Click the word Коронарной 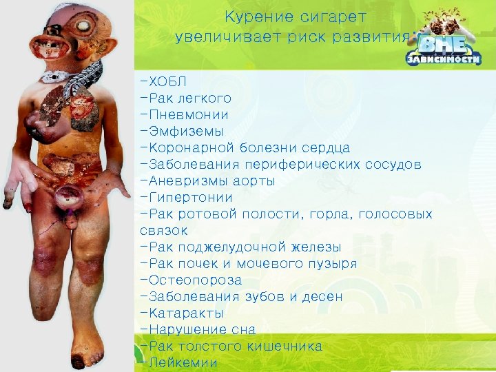click(x=190, y=148)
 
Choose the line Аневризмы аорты click(x=207, y=181)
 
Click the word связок click(x=163, y=231)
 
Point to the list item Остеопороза click(x=191, y=280)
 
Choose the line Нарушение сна click(x=197, y=330)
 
